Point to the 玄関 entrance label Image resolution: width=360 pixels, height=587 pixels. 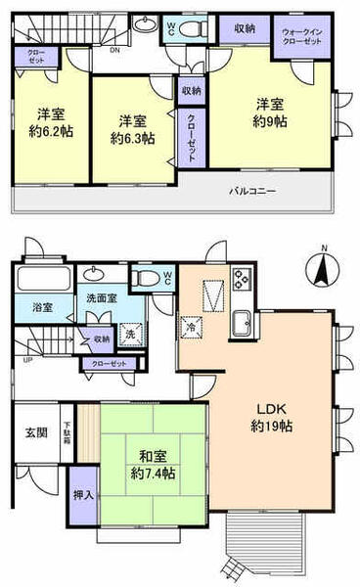(x=35, y=432)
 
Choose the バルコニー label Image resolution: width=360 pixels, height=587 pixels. (x=252, y=191)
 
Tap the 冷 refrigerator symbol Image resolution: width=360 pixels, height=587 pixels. (x=190, y=328)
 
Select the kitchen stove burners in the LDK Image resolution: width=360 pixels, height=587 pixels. (x=241, y=283)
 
